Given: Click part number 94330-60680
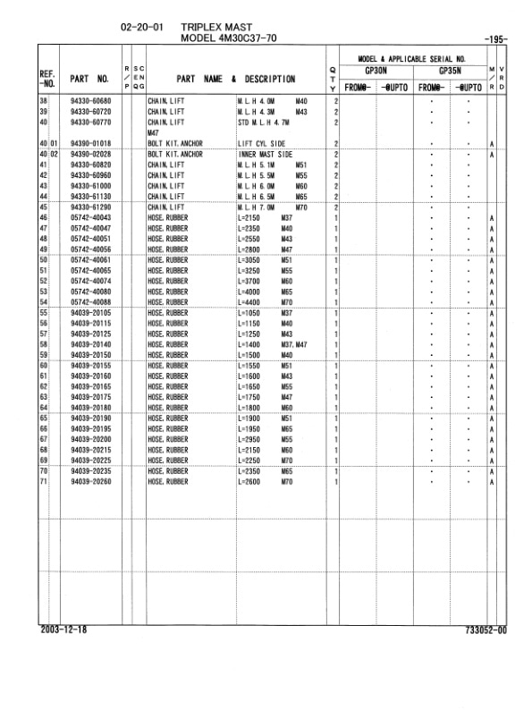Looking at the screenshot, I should (x=92, y=102).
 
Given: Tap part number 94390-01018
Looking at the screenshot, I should (x=92, y=143).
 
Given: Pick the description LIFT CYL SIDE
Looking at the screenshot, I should (x=265, y=143).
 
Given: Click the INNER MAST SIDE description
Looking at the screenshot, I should (x=269, y=154).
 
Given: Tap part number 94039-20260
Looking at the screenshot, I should (x=92, y=481).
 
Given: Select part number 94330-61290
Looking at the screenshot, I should (x=92, y=207).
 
